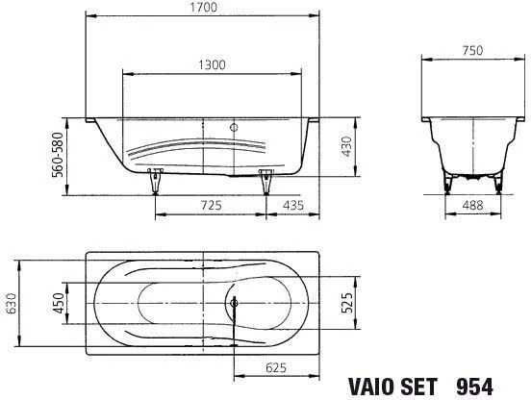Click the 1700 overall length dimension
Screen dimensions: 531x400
[204, 8]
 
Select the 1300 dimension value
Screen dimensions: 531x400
[212, 64]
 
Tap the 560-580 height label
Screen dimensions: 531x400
[58, 155]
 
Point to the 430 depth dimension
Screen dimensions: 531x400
[346, 146]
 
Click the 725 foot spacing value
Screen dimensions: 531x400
[212, 205]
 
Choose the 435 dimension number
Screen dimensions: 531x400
[293, 205]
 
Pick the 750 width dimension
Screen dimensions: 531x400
[472, 50]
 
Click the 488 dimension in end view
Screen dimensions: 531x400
[472, 205]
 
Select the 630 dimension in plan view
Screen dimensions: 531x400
[11, 303]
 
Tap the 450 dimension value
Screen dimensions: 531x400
[59, 303]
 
